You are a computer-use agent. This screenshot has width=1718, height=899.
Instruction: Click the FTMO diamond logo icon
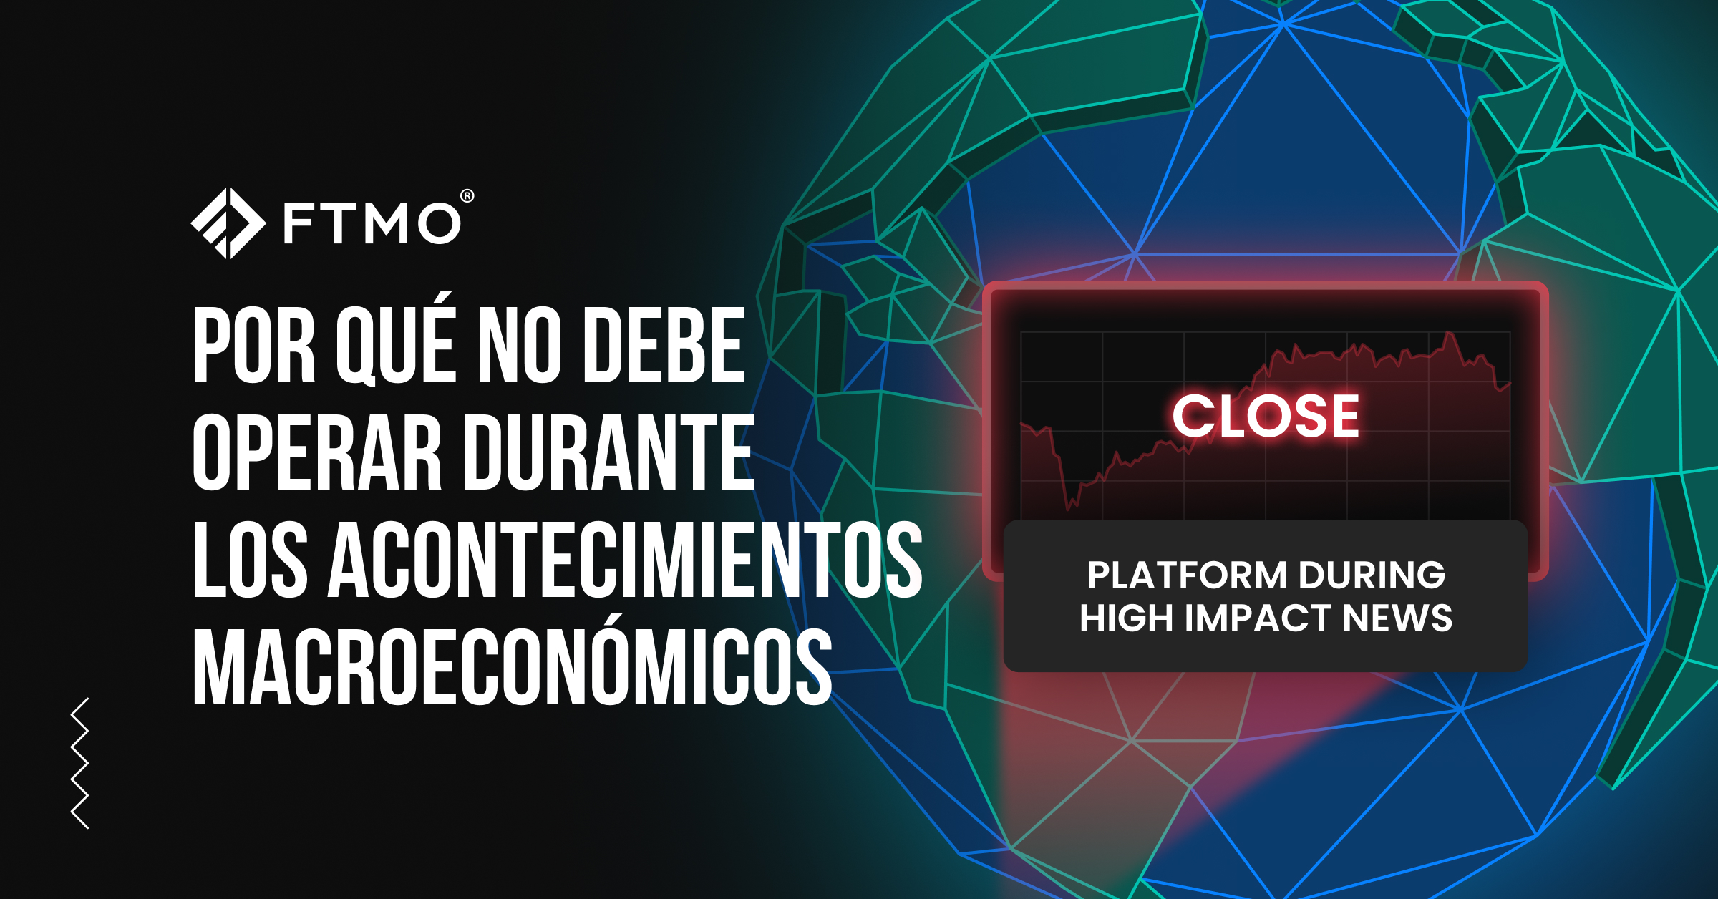228,223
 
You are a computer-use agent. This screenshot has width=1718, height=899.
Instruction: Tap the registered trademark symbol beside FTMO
467,195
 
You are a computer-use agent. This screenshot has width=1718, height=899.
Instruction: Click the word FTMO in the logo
372,223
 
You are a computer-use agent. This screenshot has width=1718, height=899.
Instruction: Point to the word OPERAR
317,452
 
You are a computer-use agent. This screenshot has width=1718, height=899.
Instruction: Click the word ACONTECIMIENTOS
625,559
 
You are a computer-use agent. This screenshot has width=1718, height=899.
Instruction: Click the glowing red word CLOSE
1265,416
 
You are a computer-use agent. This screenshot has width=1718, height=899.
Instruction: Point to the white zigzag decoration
80,763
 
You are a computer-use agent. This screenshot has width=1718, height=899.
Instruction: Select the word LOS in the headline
251,559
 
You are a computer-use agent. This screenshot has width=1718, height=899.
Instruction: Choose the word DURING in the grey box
1372,575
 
